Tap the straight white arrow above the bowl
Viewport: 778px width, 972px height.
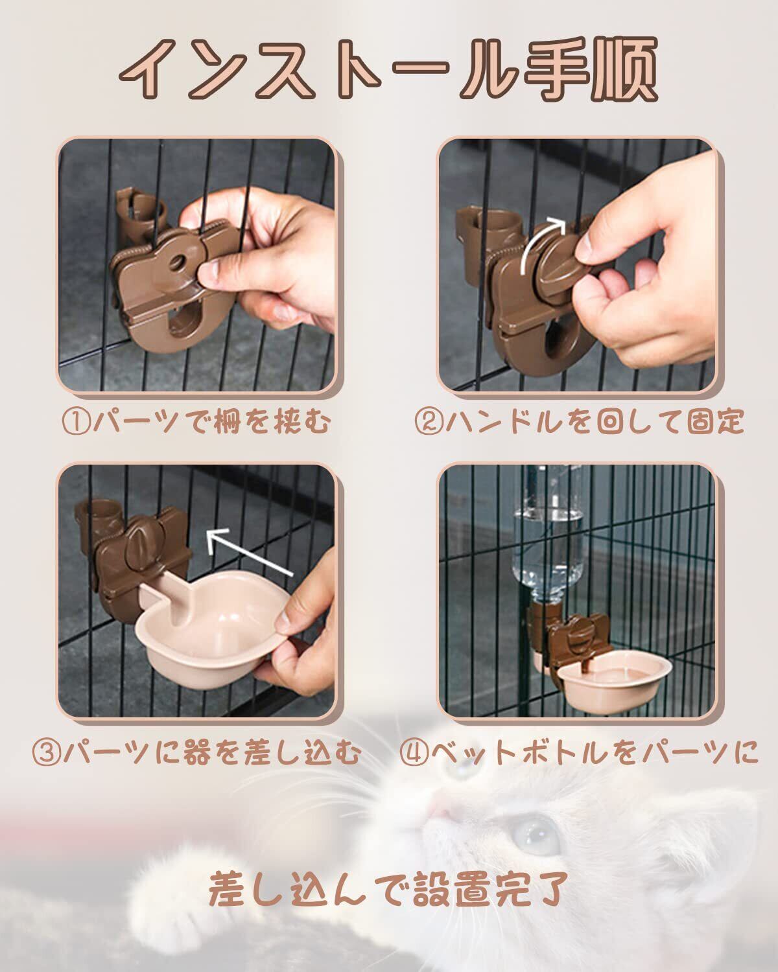[248, 551]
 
